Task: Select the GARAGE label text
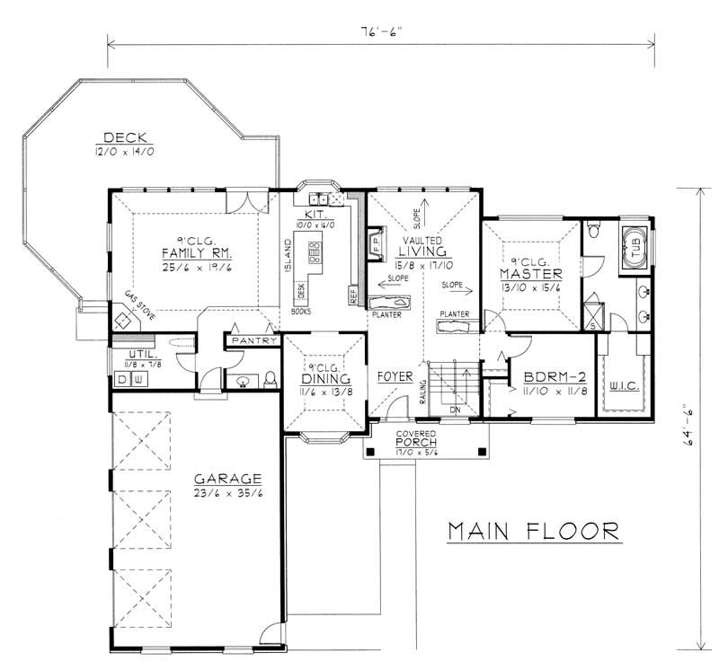point(225,479)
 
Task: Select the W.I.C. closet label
point(624,387)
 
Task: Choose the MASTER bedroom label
point(532,273)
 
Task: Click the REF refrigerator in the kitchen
point(353,295)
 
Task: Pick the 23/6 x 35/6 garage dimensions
point(225,493)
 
